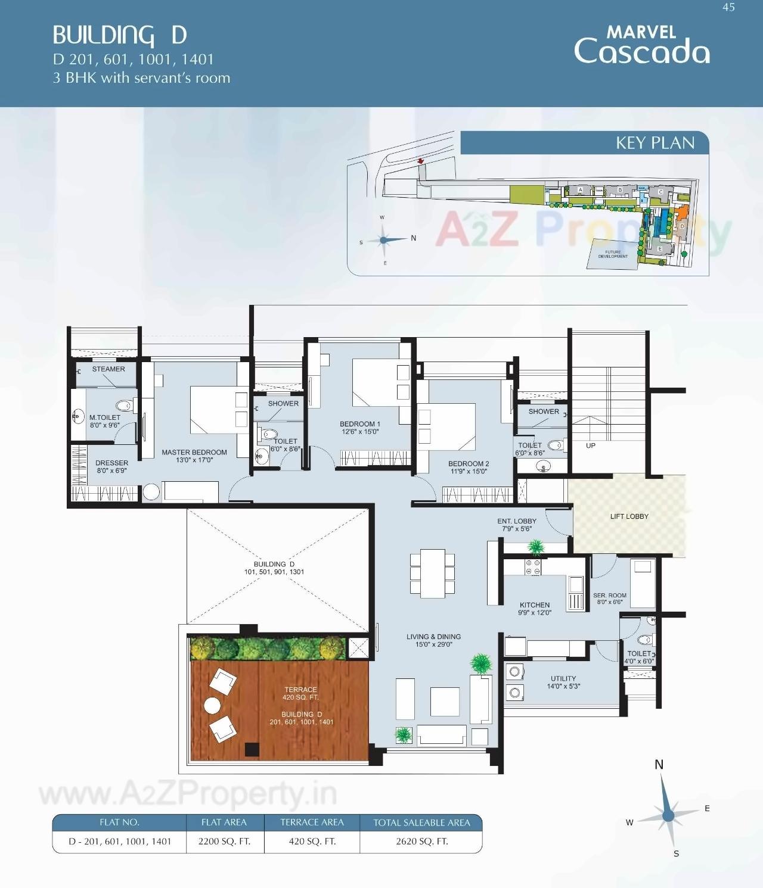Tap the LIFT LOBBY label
tap(629, 516)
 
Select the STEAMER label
tap(108, 369)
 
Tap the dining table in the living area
tap(432, 573)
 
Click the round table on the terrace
tap(213, 705)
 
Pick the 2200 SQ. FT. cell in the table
tap(224, 842)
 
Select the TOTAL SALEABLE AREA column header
tap(421, 822)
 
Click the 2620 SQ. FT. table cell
tap(421, 842)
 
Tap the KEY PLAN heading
tap(655, 143)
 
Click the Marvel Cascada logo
tap(641, 45)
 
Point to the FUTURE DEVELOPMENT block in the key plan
tap(613, 254)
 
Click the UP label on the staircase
tap(590, 445)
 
